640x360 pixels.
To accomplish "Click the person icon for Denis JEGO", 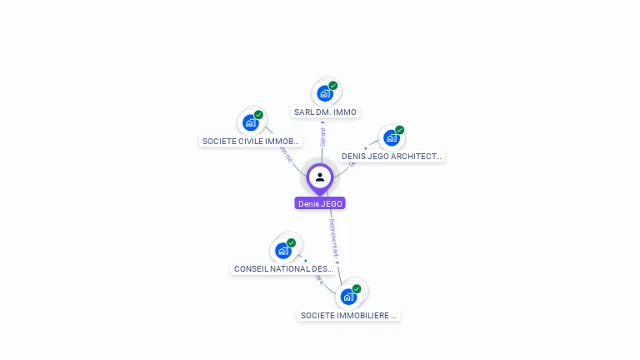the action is (x=320, y=177).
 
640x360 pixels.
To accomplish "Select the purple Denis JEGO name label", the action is (x=320, y=203).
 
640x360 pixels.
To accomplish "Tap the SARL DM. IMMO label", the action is (x=325, y=112).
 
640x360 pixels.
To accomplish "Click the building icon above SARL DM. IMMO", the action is (x=324, y=93).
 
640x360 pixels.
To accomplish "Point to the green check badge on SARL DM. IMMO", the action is (x=333, y=86).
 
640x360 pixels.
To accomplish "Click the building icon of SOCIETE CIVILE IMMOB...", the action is (x=250, y=122).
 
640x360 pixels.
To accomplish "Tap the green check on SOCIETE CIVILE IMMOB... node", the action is (x=259, y=115).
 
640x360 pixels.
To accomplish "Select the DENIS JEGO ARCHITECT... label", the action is (x=391, y=156).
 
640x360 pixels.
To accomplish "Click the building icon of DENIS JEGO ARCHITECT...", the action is (x=391, y=137).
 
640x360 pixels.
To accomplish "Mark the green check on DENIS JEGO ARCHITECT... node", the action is (x=400, y=130).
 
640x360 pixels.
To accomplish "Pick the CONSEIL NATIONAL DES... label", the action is (x=283, y=269).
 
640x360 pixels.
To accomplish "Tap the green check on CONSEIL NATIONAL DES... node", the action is (x=292, y=242).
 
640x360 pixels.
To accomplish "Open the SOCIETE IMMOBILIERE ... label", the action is (x=349, y=315).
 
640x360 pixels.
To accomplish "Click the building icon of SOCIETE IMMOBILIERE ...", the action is (x=348, y=296).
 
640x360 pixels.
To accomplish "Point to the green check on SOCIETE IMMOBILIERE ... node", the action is (x=357, y=288).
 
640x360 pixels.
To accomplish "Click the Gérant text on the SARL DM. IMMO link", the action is (x=322, y=137).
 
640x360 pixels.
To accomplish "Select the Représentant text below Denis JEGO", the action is (x=333, y=238).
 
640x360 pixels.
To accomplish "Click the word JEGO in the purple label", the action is (x=331, y=203).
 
